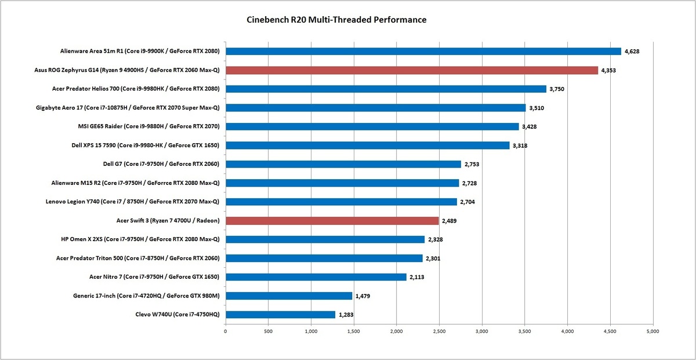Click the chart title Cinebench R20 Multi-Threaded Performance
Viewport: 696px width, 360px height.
point(337,20)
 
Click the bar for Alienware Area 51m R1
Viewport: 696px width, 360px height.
point(423,51)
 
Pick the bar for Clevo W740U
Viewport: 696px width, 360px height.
point(280,314)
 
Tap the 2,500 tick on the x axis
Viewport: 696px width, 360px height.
point(439,332)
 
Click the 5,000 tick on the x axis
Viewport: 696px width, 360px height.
point(652,332)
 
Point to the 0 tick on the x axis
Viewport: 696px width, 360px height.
point(226,332)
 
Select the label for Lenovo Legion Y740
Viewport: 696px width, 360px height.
point(135,202)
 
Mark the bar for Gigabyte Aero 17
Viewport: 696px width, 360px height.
point(375,108)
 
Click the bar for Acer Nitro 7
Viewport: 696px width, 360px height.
point(316,277)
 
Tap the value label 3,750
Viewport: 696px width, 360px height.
point(558,89)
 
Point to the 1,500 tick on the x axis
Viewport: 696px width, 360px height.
point(354,332)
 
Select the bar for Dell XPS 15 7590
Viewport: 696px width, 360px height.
point(367,146)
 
